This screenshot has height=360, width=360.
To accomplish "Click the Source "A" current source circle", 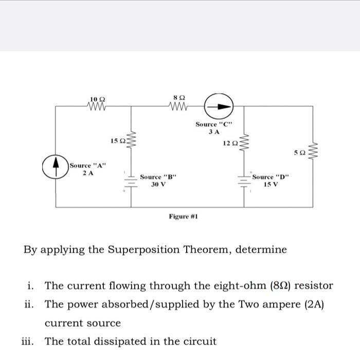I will [56, 168].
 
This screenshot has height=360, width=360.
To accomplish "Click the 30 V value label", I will [158, 185].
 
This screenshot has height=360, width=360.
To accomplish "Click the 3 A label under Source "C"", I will [213, 132].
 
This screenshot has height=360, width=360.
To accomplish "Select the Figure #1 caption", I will [184, 217].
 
